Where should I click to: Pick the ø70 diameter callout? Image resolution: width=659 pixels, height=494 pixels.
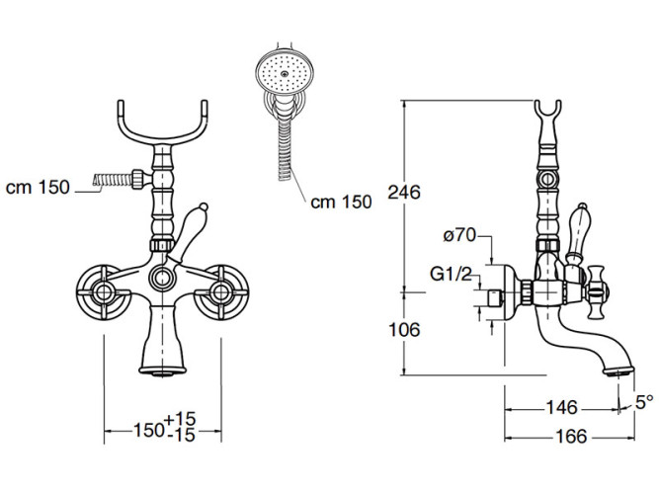pos(460,235)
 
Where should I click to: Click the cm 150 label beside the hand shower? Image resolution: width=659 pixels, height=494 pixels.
pos(341,202)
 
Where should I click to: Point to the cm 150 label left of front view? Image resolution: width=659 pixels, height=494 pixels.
pos(38,188)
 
